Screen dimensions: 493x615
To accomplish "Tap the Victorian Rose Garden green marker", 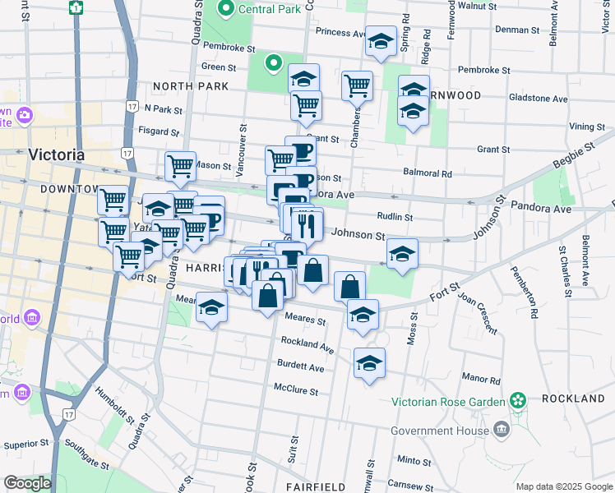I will tap(518, 400).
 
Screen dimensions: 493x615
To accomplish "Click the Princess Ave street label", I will tap(340, 33).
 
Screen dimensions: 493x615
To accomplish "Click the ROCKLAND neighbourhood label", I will tap(573, 399).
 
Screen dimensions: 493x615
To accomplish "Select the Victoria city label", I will tap(56, 154).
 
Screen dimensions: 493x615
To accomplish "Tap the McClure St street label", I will tap(296, 391).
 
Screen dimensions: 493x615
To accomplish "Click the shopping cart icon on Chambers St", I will tap(357, 85).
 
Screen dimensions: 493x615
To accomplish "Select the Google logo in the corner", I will tap(26, 483).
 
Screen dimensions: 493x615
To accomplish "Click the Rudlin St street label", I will tap(395, 217).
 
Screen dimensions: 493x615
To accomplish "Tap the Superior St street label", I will tap(21, 445).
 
